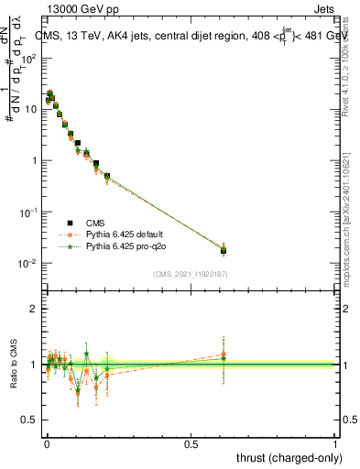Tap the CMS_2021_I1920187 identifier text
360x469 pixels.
click(x=190, y=273)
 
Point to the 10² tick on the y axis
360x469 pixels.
click(x=27, y=58)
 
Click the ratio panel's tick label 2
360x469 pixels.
click(x=35, y=309)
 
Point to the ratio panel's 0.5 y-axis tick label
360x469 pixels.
click(x=30, y=420)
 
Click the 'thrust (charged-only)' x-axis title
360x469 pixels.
click(x=289, y=458)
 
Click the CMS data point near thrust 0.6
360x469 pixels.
click(x=224, y=250)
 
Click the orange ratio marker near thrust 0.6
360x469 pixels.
click(x=224, y=354)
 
